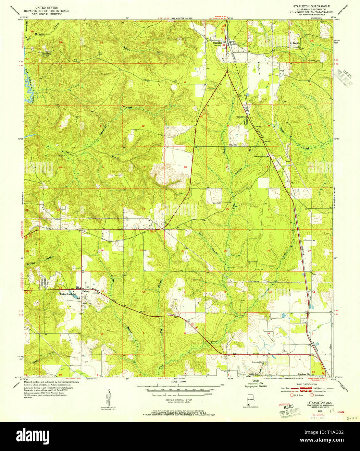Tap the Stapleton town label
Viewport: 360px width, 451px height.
217,43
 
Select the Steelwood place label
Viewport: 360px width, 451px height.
242,116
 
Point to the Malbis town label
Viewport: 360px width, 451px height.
85,291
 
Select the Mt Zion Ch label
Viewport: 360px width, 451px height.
294,43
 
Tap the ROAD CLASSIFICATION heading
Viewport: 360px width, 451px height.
304,384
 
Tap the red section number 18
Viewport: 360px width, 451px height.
185,167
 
